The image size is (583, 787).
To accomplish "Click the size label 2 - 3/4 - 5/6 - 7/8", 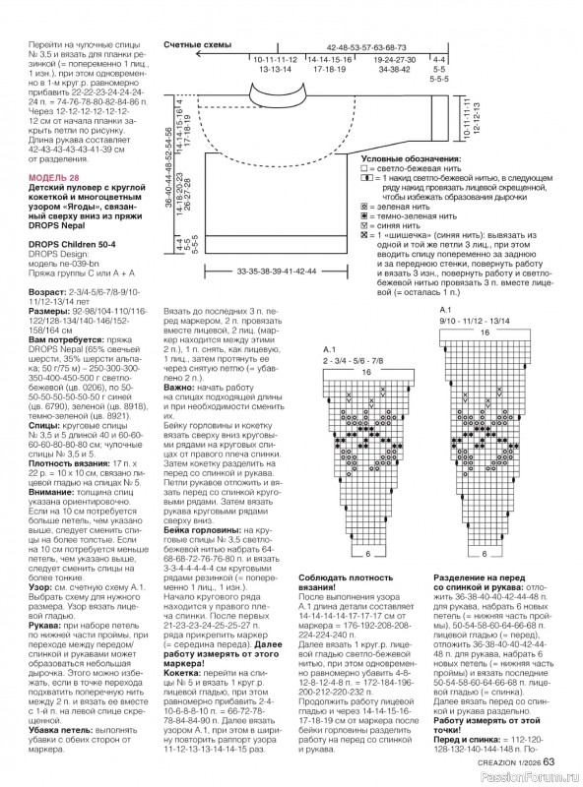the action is point(357,359).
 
